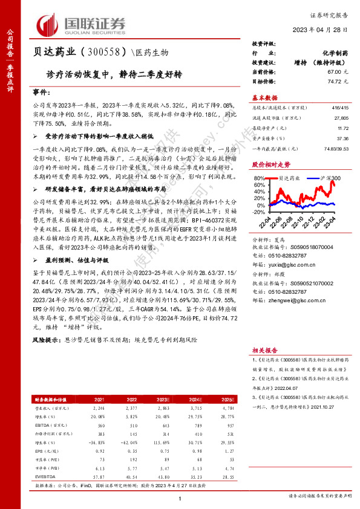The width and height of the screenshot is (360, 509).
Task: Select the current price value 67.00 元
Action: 330,71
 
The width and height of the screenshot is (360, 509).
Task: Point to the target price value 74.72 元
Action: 330,80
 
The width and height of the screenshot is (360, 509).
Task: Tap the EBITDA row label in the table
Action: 45,425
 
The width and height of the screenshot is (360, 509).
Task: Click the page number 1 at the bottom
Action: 180,498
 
